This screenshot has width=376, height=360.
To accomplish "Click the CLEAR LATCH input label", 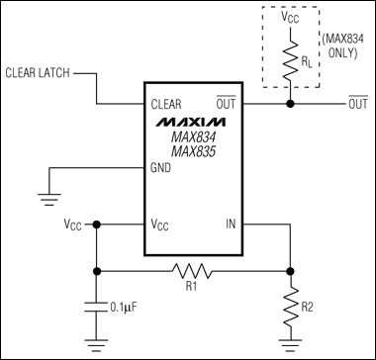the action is (38, 73).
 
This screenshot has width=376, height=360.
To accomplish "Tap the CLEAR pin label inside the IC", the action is (166, 104).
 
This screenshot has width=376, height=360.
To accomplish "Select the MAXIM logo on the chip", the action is (191, 122).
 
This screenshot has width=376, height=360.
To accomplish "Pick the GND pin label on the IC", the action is (160, 168).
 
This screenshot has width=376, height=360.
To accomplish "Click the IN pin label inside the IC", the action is (231, 225).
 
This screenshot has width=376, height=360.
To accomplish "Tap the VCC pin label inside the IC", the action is (160, 225).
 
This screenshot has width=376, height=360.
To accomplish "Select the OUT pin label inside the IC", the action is (226, 103).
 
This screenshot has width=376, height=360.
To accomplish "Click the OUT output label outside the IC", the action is (358, 103).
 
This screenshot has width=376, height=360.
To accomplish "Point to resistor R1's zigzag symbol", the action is (192, 271).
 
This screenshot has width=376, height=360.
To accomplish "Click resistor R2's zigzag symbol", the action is (290, 307).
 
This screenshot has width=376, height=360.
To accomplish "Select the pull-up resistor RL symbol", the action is (290, 60).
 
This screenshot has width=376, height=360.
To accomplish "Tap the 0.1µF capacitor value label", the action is (124, 308).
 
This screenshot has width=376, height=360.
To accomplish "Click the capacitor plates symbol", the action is (97, 307).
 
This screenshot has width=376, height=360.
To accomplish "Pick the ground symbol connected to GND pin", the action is (49, 199).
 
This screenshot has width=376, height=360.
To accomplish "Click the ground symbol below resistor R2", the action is (290, 344).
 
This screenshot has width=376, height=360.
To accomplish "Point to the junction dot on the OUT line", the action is (290, 104).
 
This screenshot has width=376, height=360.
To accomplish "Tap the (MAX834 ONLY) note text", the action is (342, 46).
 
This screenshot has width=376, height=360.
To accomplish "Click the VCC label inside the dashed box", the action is (290, 19).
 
